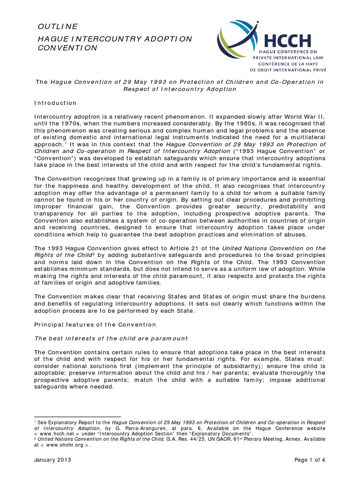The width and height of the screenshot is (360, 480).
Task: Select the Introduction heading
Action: pyautogui.click(x=56, y=102)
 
